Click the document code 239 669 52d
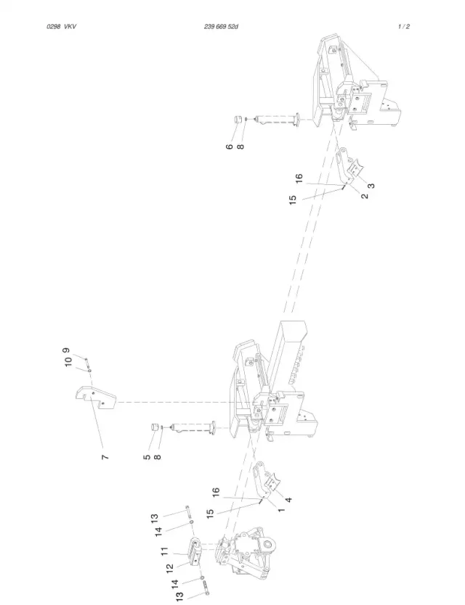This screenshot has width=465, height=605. [221, 27]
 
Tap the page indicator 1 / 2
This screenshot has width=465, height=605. [403, 27]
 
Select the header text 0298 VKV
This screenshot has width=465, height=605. [62, 27]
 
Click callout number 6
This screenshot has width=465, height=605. [230, 147]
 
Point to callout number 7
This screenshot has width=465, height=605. [105, 457]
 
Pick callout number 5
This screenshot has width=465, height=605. [147, 457]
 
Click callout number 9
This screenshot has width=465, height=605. [67, 350]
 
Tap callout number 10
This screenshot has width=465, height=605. [68, 362]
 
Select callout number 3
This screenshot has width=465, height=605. [371, 186]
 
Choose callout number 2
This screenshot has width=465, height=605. [365, 196]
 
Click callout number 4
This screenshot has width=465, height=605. [288, 500]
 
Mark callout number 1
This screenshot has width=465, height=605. [281, 510]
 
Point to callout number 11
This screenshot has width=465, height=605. [165, 551]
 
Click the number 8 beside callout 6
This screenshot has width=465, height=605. [240, 147]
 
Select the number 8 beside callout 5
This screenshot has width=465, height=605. [158, 457]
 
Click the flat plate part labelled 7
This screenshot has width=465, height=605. [95, 398]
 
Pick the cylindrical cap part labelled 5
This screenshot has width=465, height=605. [155, 427]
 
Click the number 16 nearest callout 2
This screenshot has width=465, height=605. [299, 178]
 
